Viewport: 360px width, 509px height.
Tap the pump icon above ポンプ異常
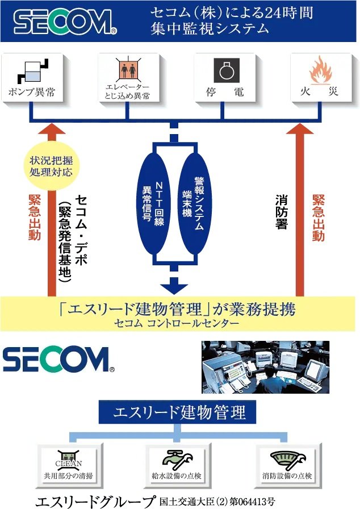[32, 72]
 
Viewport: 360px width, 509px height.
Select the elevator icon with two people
[128, 69]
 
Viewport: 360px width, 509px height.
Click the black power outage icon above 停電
[226, 70]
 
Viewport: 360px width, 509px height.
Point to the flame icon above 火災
[320, 70]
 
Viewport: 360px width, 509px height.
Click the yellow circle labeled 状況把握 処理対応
[51, 166]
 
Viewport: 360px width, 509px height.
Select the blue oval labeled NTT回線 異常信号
[153, 203]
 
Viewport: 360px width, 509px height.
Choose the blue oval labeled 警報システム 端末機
[195, 203]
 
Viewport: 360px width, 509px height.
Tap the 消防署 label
[281, 212]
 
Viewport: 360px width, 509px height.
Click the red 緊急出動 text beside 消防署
[319, 218]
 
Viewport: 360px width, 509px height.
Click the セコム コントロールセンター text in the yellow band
[177, 323]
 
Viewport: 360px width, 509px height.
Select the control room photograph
[265, 367]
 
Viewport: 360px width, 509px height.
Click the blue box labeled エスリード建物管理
[177, 412]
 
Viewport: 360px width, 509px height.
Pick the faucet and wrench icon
[177, 460]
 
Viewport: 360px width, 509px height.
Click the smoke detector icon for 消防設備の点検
[287, 460]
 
